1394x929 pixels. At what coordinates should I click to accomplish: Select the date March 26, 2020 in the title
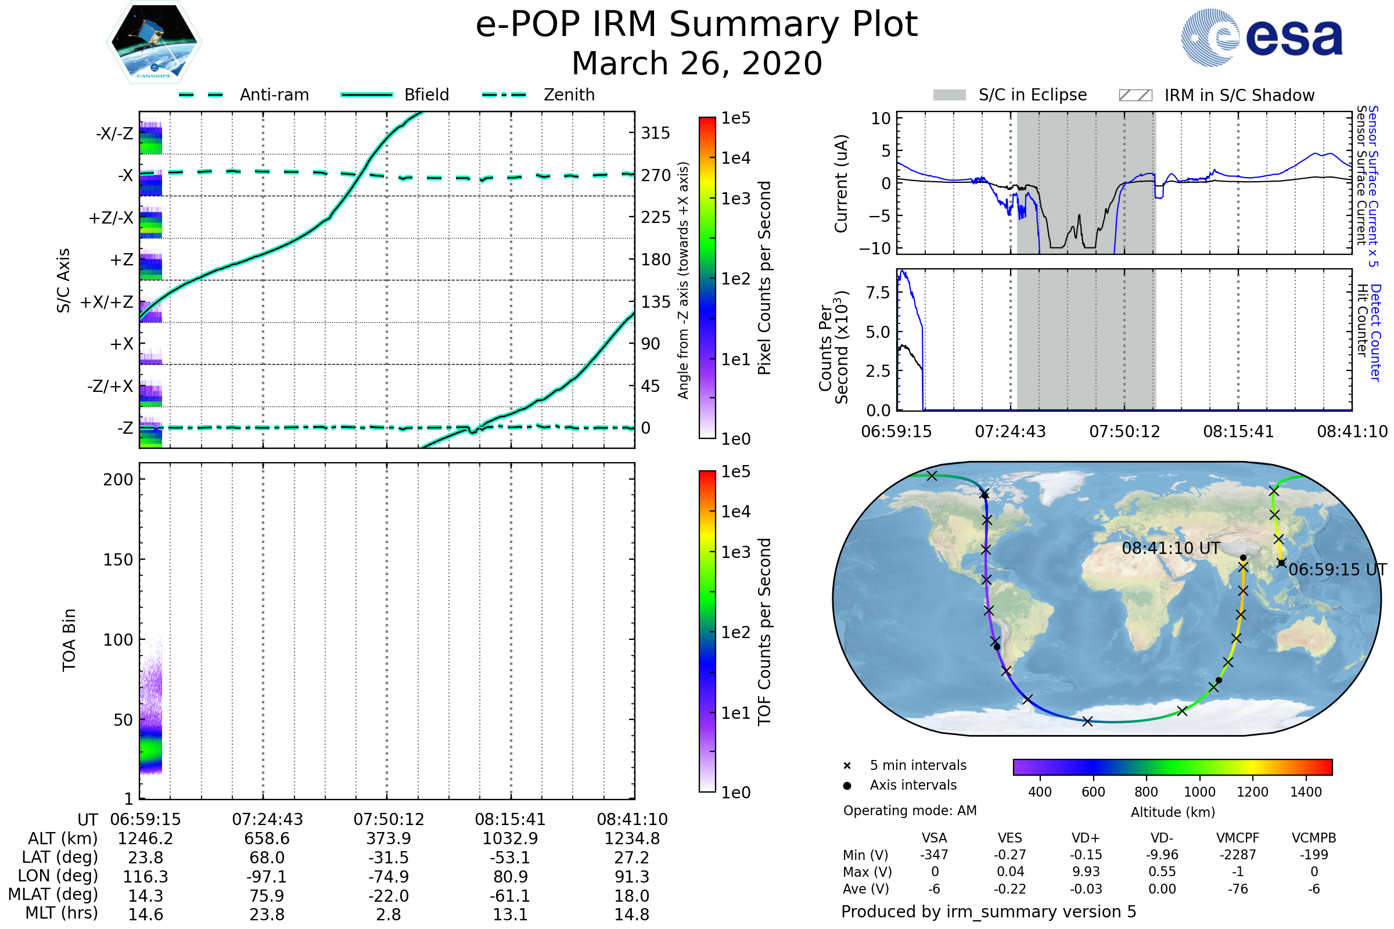click(696, 63)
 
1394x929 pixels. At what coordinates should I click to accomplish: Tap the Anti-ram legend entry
click(274, 95)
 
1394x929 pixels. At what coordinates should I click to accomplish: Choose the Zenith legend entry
click(569, 95)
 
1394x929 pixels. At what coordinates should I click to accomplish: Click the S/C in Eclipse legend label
click(1032, 95)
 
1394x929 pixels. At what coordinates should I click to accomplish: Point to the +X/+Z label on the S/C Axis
click(107, 302)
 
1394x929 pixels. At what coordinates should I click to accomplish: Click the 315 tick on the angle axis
click(655, 133)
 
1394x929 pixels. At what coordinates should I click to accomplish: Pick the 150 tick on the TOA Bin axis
click(118, 559)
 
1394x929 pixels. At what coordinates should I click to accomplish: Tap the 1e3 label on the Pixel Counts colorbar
click(735, 199)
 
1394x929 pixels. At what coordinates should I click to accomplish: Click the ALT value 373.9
click(388, 838)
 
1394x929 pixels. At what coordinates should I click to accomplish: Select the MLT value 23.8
click(267, 914)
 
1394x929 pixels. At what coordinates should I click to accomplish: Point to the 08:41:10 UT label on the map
click(1170, 548)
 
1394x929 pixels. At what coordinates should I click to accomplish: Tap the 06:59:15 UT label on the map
click(1337, 570)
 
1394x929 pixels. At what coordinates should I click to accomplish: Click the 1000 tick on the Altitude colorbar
click(1199, 792)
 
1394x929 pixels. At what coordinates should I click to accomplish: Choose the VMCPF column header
click(1237, 838)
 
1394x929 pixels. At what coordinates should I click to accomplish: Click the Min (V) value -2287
click(1237, 855)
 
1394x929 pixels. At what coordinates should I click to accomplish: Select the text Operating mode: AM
click(910, 811)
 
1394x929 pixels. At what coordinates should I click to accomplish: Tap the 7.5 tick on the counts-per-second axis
click(877, 293)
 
